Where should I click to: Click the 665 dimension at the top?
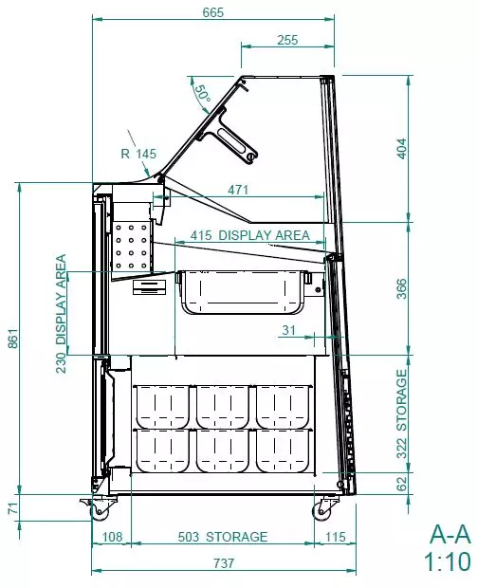pyautogui.click(x=213, y=12)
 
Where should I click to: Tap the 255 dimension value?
pyautogui.click(x=287, y=40)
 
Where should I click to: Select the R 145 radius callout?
pyautogui.click(x=138, y=154)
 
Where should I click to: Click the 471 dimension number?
pyautogui.click(x=238, y=190)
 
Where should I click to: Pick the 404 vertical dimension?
pyautogui.click(x=401, y=149)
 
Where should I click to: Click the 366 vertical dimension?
pyautogui.click(x=401, y=288)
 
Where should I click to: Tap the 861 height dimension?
pyautogui.click(x=12, y=339)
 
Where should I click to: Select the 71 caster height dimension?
pyautogui.click(x=12, y=508)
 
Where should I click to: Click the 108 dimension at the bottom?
pyautogui.click(x=112, y=537)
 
